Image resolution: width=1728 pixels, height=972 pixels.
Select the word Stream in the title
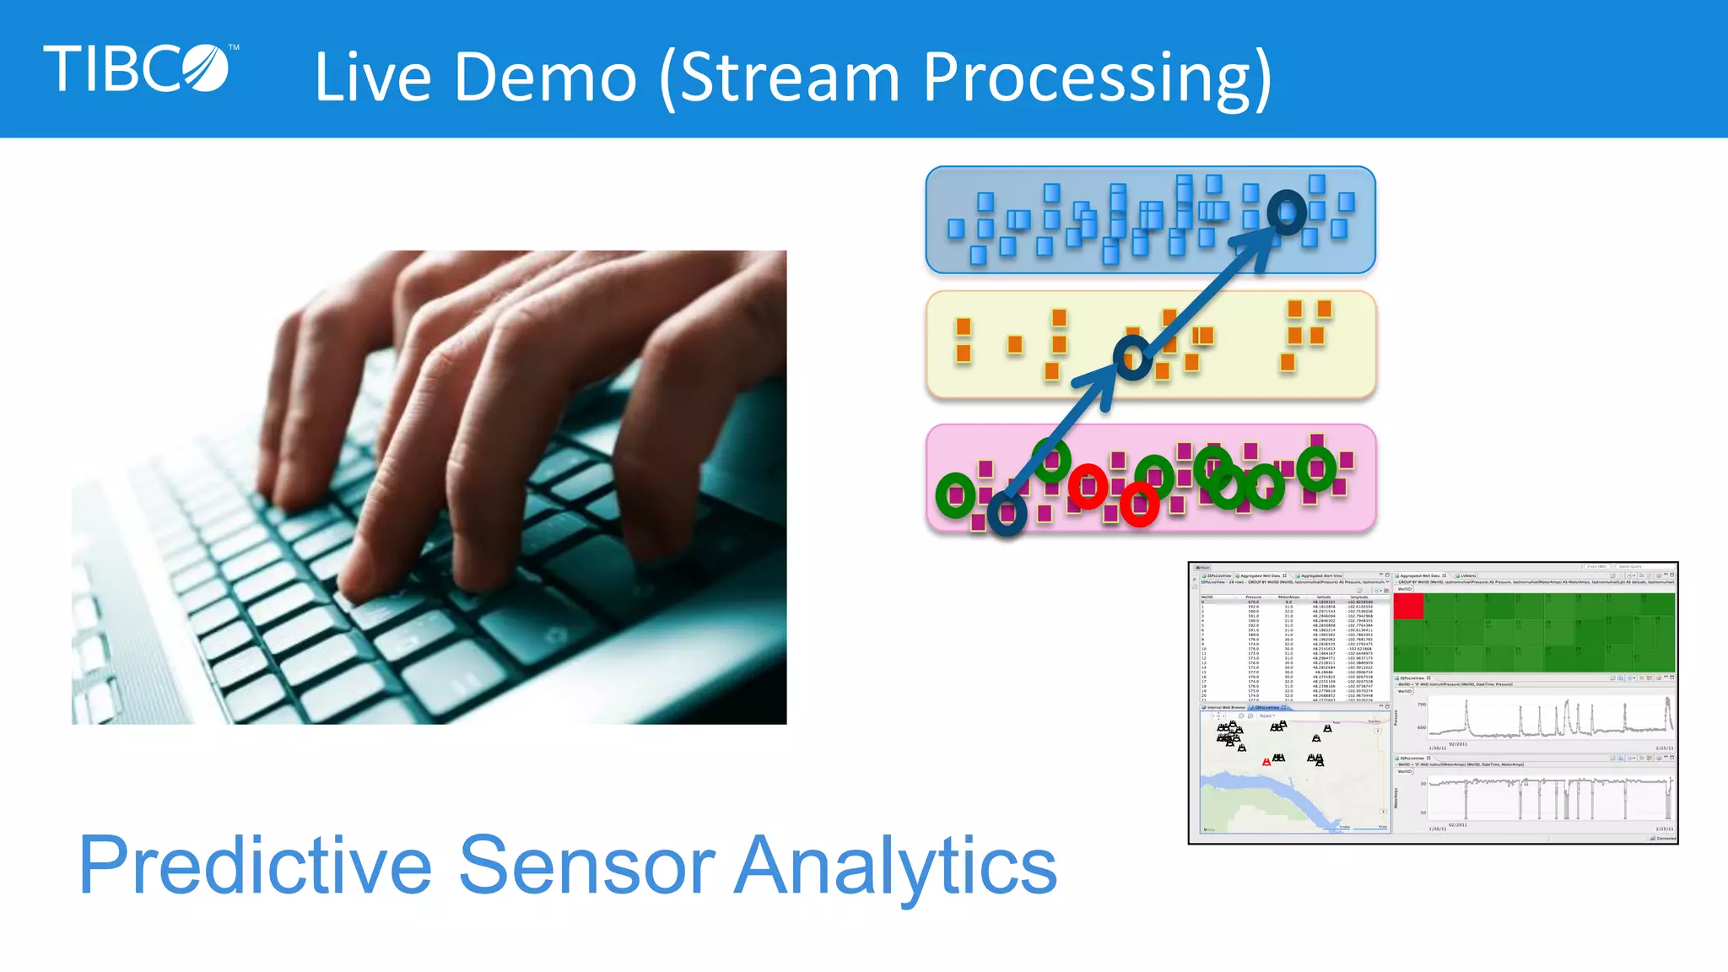click(x=790, y=78)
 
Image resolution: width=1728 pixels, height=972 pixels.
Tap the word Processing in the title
click(x=1088, y=78)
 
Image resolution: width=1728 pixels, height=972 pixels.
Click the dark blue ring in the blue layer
click(x=1287, y=212)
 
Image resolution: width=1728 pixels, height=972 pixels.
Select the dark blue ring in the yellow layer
click(x=1132, y=358)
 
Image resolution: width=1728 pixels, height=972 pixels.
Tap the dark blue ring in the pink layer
click(x=1007, y=512)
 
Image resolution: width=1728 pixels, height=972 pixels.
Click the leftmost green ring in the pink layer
click(x=955, y=495)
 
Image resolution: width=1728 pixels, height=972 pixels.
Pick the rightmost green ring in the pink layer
click(x=1316, y=468)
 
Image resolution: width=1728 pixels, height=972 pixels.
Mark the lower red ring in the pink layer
click(x=1139, y=505)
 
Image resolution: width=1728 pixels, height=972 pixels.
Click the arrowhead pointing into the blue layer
click(x=1257, y=246)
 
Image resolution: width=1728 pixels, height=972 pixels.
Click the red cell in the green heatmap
click(x=1408, y=607)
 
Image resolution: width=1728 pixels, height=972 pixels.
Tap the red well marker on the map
click(x=1266, y=762)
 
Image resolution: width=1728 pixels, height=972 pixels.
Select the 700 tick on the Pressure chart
click(x=1422, y=705)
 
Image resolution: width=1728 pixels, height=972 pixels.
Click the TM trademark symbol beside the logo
click(x=234, y=48)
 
